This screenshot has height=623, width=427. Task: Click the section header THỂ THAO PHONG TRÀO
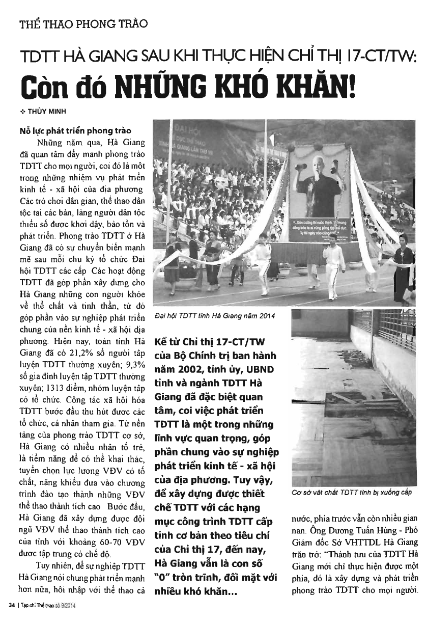coord(83,23)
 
